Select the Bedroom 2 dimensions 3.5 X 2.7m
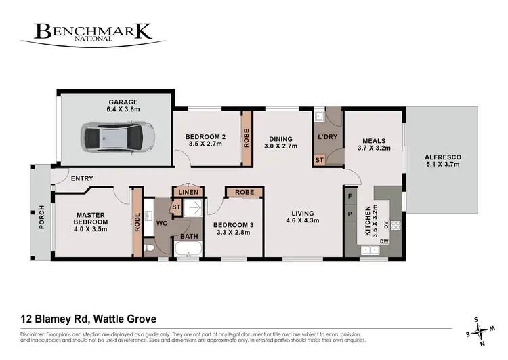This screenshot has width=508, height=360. coord(205,144)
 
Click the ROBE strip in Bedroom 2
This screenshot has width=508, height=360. coord(247,138)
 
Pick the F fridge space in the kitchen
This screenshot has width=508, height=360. coord(350,196)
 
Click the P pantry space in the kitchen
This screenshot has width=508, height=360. coord(350,213)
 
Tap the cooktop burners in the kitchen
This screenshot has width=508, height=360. coord(396,226)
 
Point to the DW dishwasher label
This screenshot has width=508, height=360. coord(385,242)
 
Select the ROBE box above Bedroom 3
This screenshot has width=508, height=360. coord(245,193)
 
